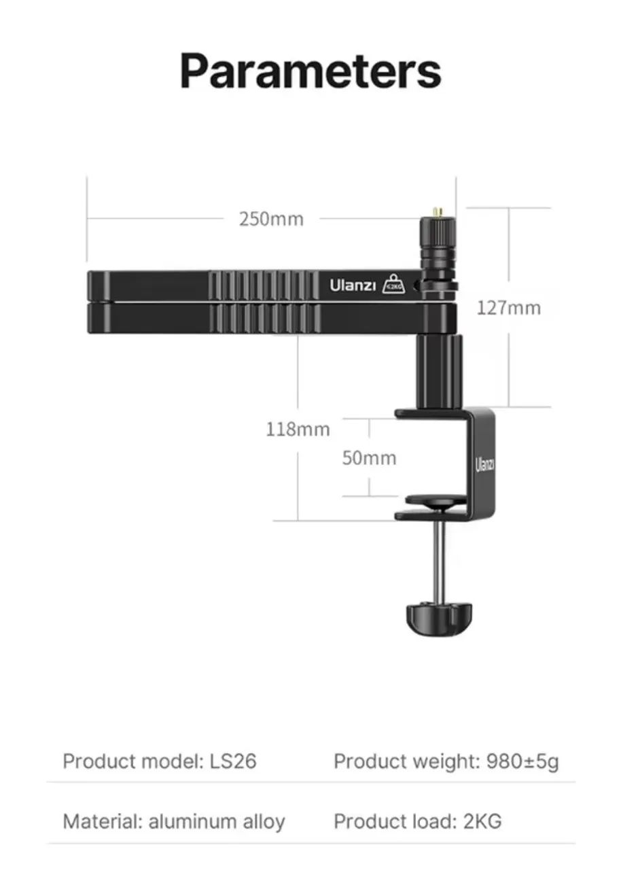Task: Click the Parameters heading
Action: (310, 71)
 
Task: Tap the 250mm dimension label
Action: (271, 220)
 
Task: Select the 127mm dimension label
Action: (508, 308)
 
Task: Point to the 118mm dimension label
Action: (298, 430)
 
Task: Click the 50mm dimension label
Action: (368, 458)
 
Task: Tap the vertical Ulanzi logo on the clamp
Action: (484, 465)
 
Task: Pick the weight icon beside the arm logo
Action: (394, 285)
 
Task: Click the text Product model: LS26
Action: (160, 761)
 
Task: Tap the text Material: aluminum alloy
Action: (173, 821)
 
